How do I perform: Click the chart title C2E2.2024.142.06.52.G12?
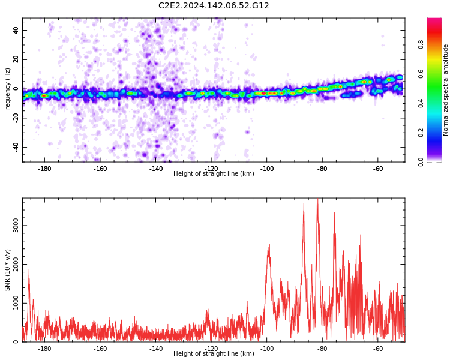214,5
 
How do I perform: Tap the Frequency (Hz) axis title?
7,90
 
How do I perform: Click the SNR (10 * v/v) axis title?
7,270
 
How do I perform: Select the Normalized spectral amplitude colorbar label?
445,90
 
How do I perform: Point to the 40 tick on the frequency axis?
16,30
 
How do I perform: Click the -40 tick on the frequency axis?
16,147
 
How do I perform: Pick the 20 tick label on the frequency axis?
16,59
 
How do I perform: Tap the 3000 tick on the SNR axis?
16,226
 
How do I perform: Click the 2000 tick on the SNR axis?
16,265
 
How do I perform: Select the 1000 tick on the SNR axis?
16,303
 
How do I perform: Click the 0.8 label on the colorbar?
421,44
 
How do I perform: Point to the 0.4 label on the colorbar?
421,103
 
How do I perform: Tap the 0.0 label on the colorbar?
421,162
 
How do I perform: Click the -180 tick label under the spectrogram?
44,169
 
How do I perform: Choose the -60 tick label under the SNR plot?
378,349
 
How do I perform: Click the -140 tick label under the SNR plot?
155,349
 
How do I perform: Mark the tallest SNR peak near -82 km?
317,199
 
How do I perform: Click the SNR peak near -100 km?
269,245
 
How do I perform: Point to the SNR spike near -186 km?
29,269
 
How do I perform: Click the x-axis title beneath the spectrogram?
214,173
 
